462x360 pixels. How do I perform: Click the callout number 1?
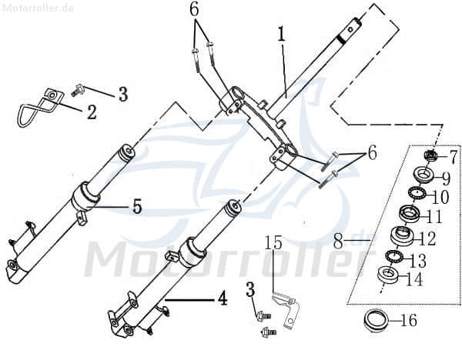pos(282,34)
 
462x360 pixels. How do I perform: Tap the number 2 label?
pos(91,112)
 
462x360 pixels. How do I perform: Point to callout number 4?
pos(222,298)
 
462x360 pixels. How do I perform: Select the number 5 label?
pos(137,205)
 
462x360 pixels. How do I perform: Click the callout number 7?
pos(453,157)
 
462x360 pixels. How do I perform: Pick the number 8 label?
pos(338,242)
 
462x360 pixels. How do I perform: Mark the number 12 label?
pos(427,239)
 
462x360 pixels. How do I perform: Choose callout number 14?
pos(414,279)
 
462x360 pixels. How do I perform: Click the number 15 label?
pos(273,244)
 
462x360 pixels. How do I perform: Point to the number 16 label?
pos(409,320)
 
